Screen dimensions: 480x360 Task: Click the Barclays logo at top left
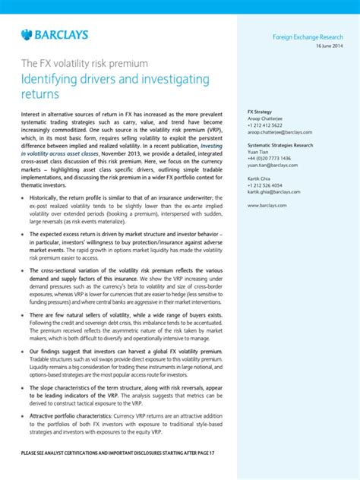pyautogui.click(x=55, y=34)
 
